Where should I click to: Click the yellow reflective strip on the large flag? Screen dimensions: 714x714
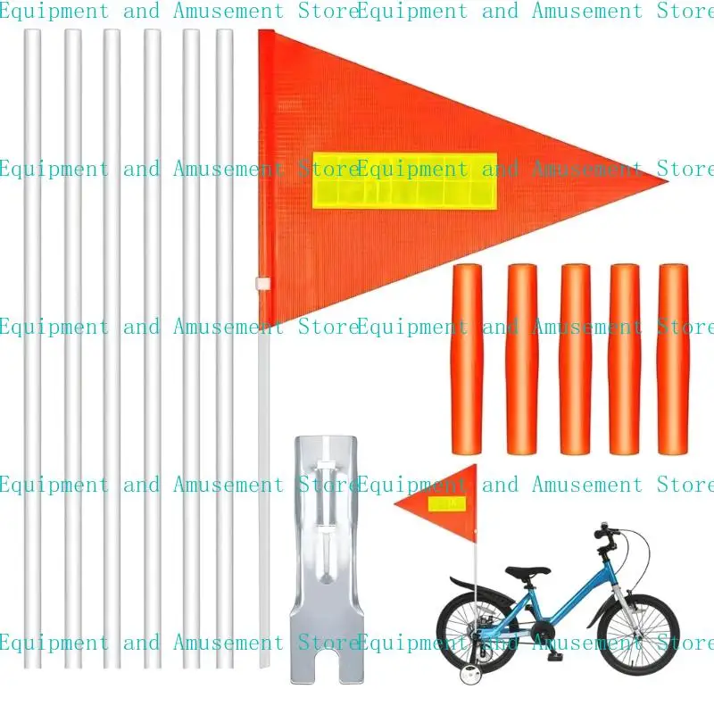pyautogui.click(x=403, y=180)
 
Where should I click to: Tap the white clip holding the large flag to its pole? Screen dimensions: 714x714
pyautogui.click(x=262, y=283)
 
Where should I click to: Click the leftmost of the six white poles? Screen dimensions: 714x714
pyautogui.click(x=32, y=348)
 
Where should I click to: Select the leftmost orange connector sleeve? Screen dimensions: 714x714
pyautogui.click(x=467, y=357)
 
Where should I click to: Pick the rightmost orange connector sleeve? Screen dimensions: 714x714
pyautogui.click(x=674, y=357)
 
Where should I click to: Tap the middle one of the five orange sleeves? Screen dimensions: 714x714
pyautogui.click(x=575, y=357)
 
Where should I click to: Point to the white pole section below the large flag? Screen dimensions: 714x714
pyautogui.click(x=263, y=491)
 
